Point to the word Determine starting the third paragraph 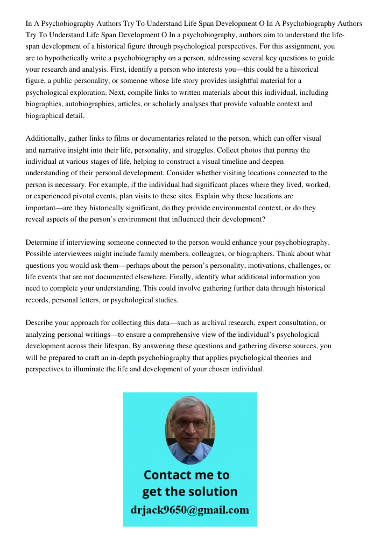44,242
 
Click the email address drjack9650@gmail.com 190,509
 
